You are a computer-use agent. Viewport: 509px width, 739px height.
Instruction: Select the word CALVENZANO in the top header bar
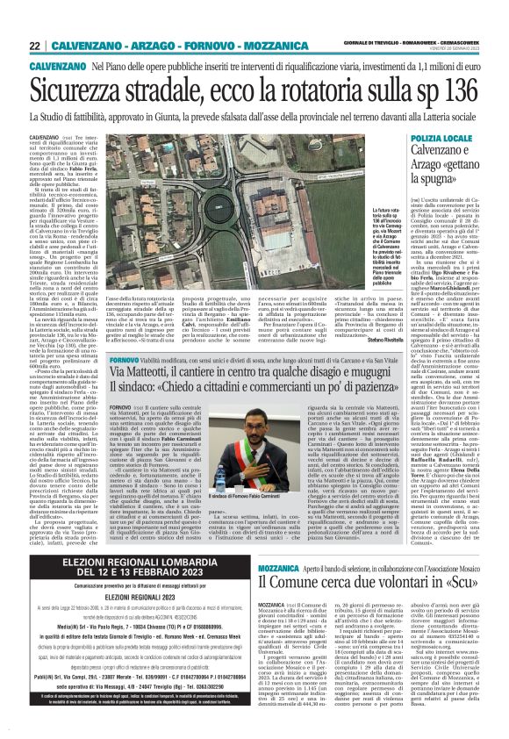pos(85,46)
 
